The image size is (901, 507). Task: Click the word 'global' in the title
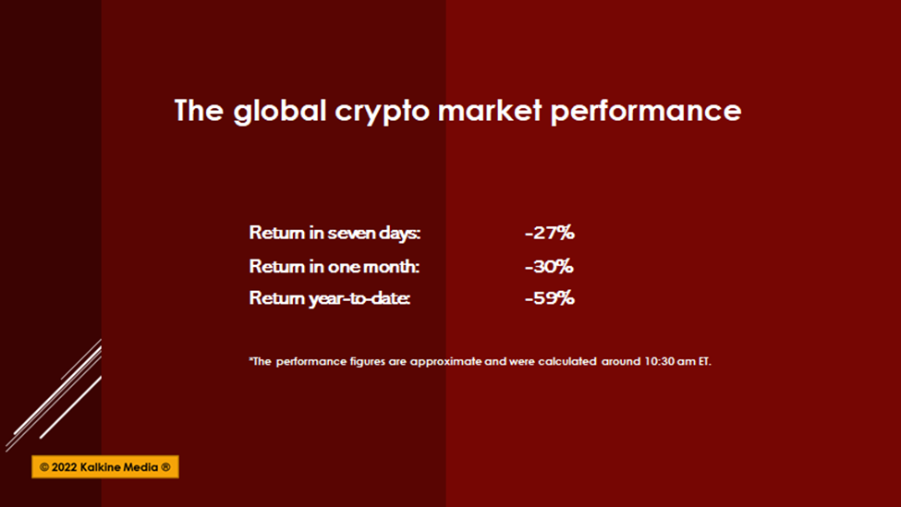pos(280,111)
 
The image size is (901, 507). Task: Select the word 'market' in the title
pos(490,110)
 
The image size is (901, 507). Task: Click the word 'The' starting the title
pos(199,110)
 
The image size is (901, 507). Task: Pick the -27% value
pos(549,233)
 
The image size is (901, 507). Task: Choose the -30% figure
pos(549,266)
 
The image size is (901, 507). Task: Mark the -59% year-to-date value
pos(549,298)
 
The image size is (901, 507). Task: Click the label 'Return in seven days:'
pos(335,233)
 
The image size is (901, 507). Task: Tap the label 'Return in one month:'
pos(334,266)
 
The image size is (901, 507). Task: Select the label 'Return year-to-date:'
pos(329,298)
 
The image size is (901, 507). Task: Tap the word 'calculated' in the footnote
pos(567,361)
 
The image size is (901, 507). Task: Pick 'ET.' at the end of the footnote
pos(704,361)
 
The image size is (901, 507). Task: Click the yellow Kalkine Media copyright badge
pos(105,466)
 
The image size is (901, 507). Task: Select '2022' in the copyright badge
pos(64,466)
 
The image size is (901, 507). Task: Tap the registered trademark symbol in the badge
pos(165,466)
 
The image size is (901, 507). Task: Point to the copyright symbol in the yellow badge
pos(44,466)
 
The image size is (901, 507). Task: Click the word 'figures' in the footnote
pos(367,362)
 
